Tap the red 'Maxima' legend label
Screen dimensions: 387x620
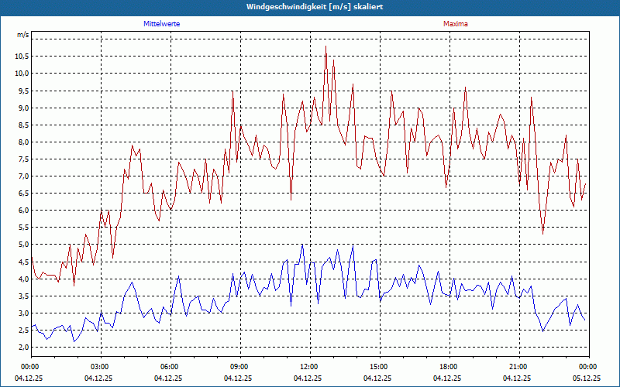pyautogui.click(x=456, y=24)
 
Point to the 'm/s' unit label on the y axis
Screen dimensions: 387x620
pyautogui.click(x=22, y=36)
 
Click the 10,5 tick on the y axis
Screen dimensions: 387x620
pyautogui.click(x=21, y=56)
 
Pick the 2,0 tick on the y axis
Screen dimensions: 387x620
pyautogui.click(x=22, y=348)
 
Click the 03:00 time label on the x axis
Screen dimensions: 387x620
pyautogui.click(x=100, y=367)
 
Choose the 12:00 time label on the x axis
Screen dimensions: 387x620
pyautogui.click(x=309, y=367)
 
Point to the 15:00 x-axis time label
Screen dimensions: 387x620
pyautogui.click(x=379, y=367)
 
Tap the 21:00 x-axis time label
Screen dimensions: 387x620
pyautogui.click(x=518, y=367)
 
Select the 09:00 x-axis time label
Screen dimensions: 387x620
pyautogui.click(x=239, y=367)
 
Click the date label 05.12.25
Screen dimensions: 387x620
pyautogui.click(x=587, y=378)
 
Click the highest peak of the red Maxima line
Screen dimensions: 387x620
pyautogui.click(x=325, y=46)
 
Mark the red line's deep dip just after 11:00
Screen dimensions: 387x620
pyautogui.click(x=291, y=200)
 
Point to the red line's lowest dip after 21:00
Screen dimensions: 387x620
pyautogui.click(x=542, y=234)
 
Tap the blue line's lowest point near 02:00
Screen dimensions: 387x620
pyautogui.click(x=74, y=341)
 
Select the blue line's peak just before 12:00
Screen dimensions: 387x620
pyautogui.click(x=302, y=245)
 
